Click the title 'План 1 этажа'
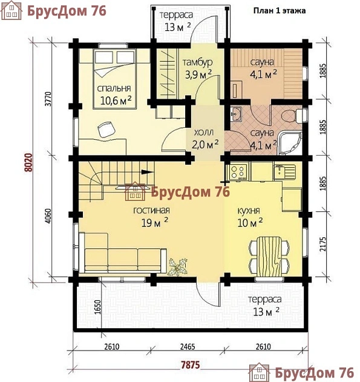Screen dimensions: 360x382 click(x=280, y=11)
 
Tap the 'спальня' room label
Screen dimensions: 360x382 click(x=114, y=88)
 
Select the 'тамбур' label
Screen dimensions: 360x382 click(x=197, y=62)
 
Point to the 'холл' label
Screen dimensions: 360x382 click(x=204, y=133)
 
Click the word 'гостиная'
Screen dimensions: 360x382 click(x=151, y=210)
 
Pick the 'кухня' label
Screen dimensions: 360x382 click(x=249, y=211)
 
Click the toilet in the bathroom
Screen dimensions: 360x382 click(x=294, y=116)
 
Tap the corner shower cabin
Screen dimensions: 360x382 click(x=290, y=143)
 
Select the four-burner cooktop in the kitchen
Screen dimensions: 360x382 click(x=238, y=172)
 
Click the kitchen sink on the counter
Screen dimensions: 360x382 click(x=284, y=172)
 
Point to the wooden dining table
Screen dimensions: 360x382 click(x=269, y=256)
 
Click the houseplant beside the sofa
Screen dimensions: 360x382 click(x=178, y=267)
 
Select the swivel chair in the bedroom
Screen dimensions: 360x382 click(x=106, y=130)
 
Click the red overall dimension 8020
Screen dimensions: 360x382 click(x=28, y=162)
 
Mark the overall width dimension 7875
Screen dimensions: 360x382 click(x=191, y=365)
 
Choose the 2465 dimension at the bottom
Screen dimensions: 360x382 click(x=188, y=346)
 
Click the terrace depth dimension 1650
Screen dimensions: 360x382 click(x=97, y=307)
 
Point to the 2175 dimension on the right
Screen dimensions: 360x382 click(x=322, y=244)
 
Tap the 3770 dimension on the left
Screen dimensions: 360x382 click(x=48, y=99)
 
